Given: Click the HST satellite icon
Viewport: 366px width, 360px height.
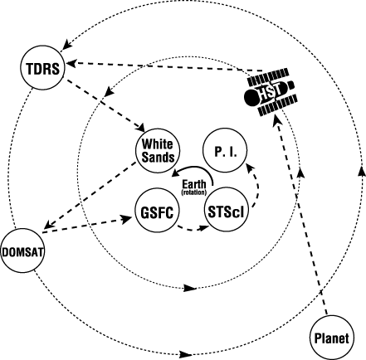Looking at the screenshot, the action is [271, 92].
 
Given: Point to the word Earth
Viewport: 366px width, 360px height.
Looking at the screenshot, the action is [194, 184].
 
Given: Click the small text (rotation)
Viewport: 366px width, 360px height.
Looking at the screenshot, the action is [194, 192].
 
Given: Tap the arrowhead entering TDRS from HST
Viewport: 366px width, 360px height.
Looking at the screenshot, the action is [71, 63].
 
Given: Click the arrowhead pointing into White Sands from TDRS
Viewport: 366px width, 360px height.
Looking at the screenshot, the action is [140, 128].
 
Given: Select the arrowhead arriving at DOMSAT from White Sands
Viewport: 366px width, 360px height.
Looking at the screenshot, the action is [48, 224].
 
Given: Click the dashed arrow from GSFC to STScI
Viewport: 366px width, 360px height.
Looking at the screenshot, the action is [193, 229].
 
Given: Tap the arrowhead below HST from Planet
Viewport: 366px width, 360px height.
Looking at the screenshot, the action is [276, 120].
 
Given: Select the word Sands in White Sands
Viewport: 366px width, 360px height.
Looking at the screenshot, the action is [158, 157].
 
